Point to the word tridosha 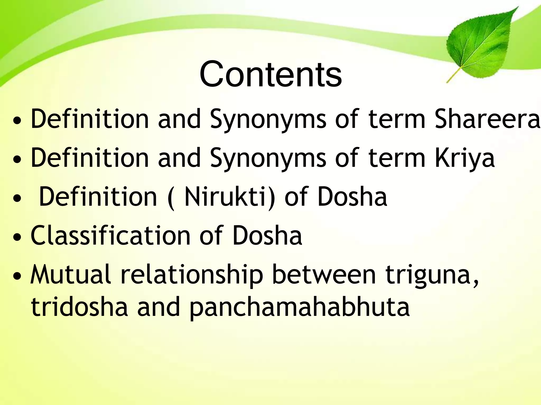coord(79,307)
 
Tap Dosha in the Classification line coord(267,235)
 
